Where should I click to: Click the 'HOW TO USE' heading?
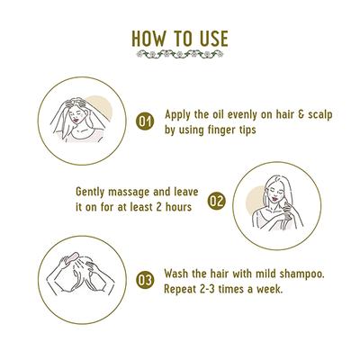(x=179, y=40)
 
